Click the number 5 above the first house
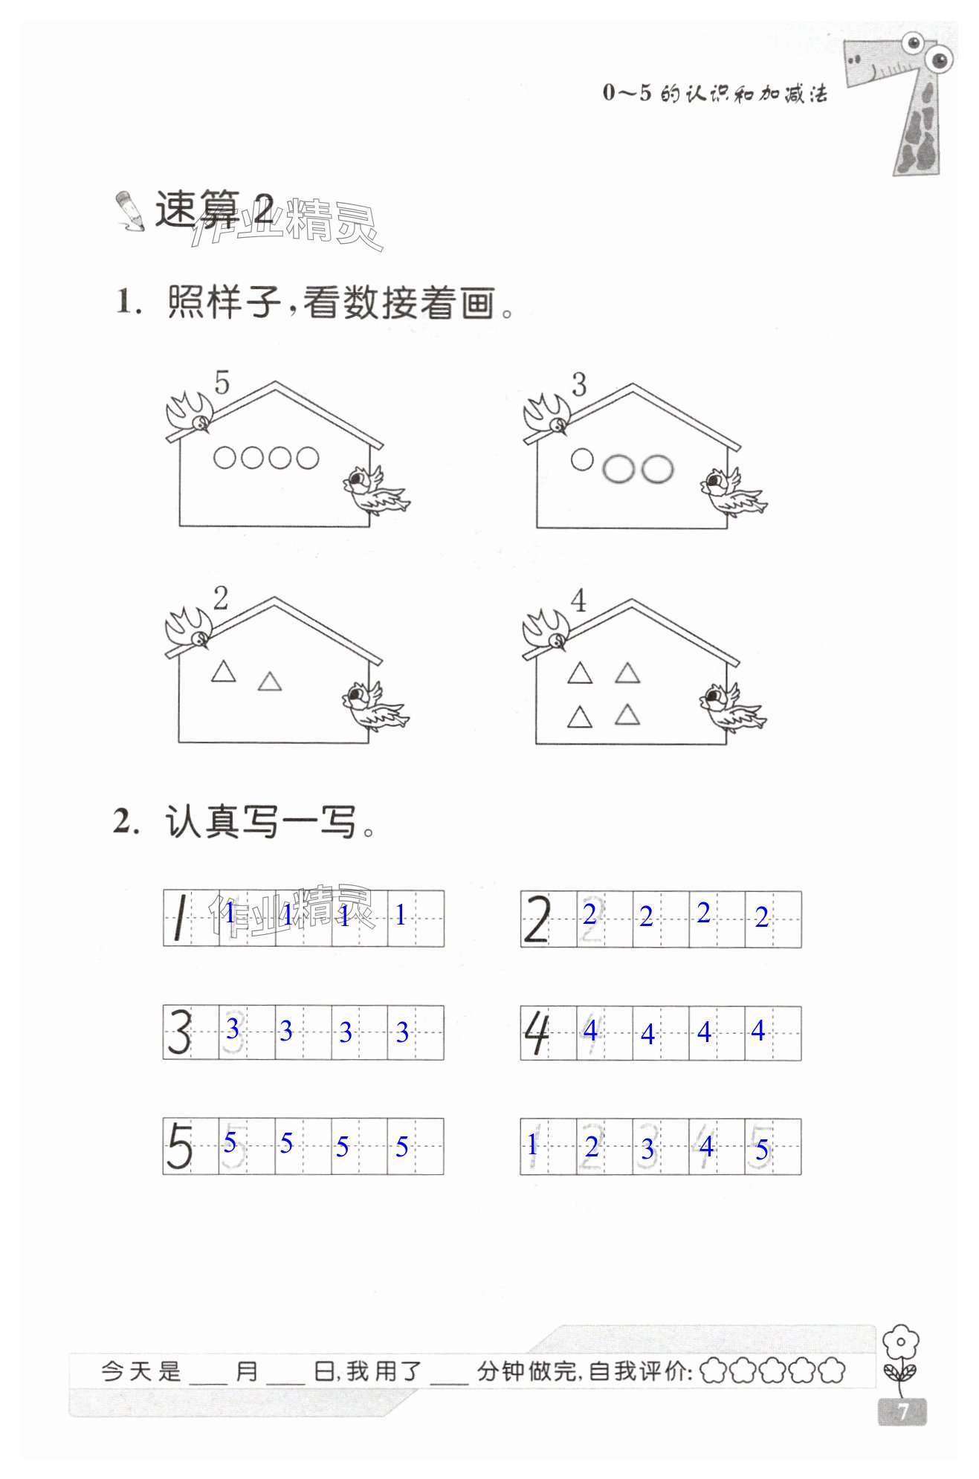(x=222, y=383)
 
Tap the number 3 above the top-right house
(x=579, y=385)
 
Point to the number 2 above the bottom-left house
(x=221, y=598)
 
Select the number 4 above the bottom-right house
(x=578, y=601)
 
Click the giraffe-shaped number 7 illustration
(x=906, y=100)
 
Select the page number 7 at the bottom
(x=902, y=1411)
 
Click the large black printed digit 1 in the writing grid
(x=179, y=919)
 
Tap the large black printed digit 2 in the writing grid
(x=537, y=919)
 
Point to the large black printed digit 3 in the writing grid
(x=179, y=1032)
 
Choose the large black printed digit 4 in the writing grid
(x=537, y=1032)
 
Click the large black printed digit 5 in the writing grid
(x=179, y=1146)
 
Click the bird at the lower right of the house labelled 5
(x=375, y=491)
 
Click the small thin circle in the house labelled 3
(x=582, y=459)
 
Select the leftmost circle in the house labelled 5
(x=224, y=458)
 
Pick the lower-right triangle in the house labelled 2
(x=269, y=682)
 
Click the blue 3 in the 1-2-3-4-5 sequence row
(x=647, y=1149)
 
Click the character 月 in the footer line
(x=247, y=1370)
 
